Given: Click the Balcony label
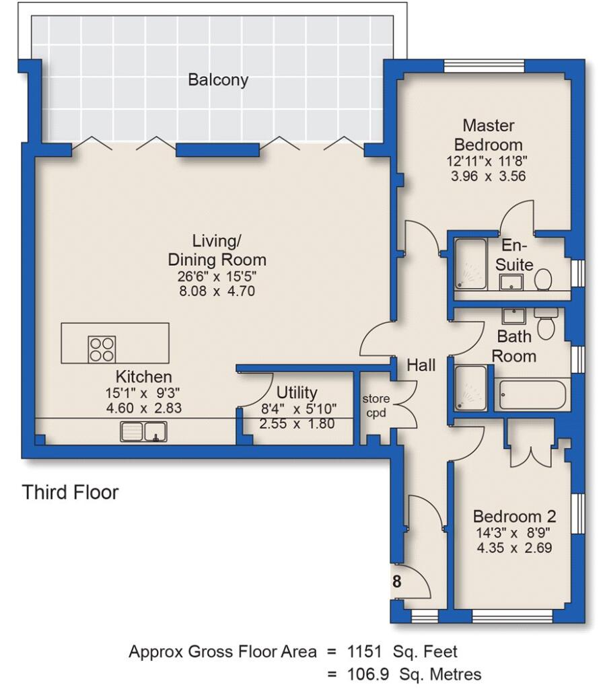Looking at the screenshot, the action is point(218,80).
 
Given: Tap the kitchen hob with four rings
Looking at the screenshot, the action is point(102,349).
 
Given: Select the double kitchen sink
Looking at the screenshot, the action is point(144,431).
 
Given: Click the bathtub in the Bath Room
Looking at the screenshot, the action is point(532,394).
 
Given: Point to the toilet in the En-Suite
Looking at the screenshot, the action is point(543,279).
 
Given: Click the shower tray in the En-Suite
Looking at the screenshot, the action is point(470,264).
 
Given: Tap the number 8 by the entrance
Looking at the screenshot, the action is point(397,582).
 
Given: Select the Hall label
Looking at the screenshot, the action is point(421,365).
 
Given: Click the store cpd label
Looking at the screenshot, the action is point(376,406).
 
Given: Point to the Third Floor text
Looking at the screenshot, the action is point(70,492).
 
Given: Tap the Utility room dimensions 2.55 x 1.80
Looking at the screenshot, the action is point(297,424).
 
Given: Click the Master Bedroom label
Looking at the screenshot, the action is point(489,135).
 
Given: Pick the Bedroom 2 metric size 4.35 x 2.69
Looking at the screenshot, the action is point(514,548).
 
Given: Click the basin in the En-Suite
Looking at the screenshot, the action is point(511,282).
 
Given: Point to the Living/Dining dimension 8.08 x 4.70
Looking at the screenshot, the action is point(217,291).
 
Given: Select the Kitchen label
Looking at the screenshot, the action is point(144,377).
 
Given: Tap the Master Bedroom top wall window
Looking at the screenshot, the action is point(485,66).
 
